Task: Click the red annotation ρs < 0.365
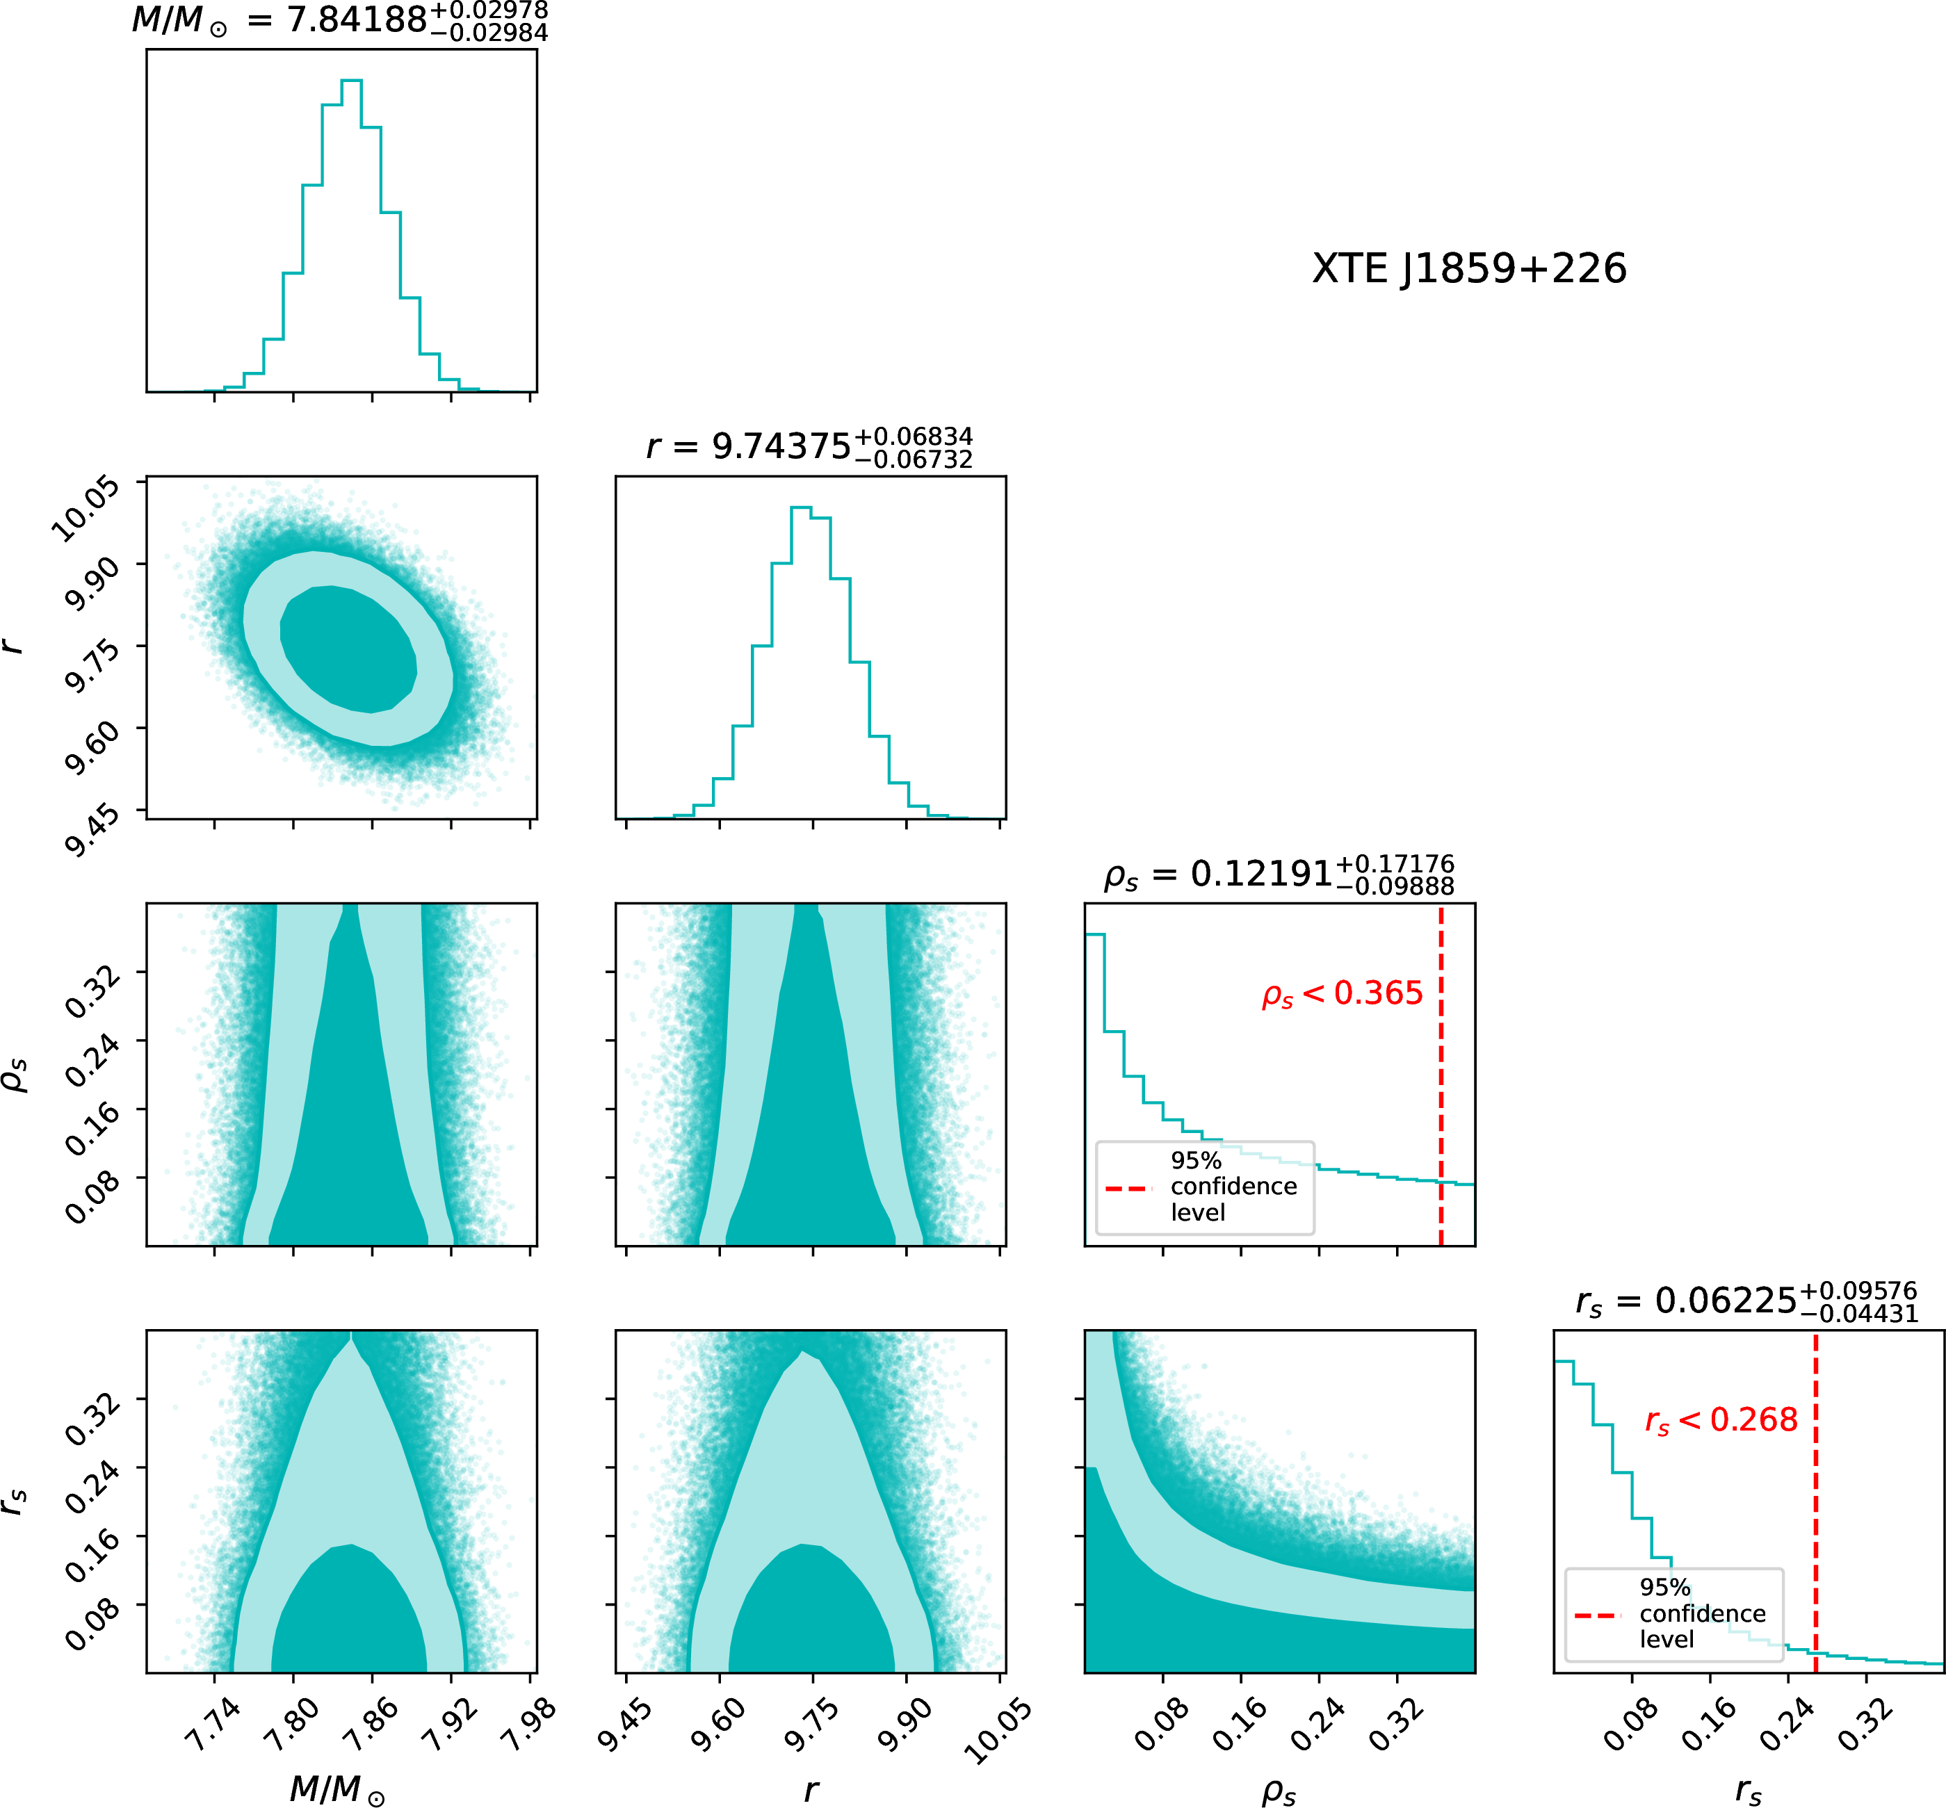tap(1343, 994)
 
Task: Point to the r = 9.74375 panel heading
tap(809, 446)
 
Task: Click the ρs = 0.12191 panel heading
tap(1279, 874)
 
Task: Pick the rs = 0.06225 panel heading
tap(1746, 1301)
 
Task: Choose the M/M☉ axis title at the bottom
tap(337, 1789)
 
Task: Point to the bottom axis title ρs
tap(1279, 1791)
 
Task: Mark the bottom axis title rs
tap(1749, 1791)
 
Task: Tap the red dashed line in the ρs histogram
tap(1441, 1076)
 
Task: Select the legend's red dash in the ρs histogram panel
tap(1128, 1188)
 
